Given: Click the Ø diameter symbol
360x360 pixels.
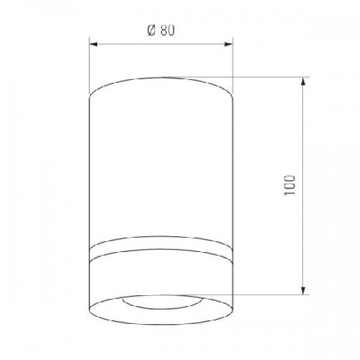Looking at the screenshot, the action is [x=152, y=31].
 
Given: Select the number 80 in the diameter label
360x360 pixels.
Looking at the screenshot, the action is [x=168, y=31].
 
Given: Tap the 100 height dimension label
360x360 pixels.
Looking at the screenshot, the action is [x=289, y=185].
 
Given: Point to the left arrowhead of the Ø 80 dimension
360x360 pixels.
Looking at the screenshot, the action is [x=93, y=45].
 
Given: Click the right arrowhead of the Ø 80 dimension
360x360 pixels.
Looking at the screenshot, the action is [x=228, y=45].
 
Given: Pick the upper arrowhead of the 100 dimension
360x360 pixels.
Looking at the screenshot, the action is [x=303, y=81].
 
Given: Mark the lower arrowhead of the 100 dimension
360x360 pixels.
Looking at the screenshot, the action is [x=303, y=290].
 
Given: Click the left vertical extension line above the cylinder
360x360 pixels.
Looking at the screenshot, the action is [x=89, y=66].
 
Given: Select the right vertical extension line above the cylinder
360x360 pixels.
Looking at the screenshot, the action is [x=233, y=66].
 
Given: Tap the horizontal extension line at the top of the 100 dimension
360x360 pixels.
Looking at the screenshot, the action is [x=236, y=77].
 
